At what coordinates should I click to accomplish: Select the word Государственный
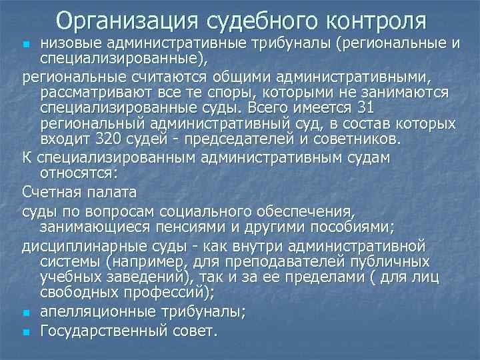pos(112,331)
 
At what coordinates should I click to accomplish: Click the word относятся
pos(77,173)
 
